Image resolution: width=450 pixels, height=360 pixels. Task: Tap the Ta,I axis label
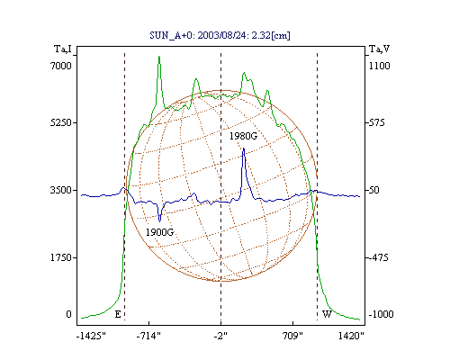coord(63,49)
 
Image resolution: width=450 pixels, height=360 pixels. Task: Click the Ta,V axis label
coord(379,49)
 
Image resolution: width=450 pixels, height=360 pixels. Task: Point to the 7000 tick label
coord(61,66)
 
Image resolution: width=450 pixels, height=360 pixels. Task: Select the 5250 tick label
coord(61,122)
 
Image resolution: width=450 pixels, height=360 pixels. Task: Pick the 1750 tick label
coord(61,257)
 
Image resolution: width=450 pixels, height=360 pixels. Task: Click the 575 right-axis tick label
coord(376,122)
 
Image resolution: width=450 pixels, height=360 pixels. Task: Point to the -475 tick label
coord(378,257)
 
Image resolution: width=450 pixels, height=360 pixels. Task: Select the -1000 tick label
coord(381,314)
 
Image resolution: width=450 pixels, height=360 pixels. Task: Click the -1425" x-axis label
coord(91,336)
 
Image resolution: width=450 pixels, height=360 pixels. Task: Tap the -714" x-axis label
coord(148,336)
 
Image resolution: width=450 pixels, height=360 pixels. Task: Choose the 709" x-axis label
coord(292,336)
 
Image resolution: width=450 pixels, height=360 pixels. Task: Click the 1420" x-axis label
coord(351,336)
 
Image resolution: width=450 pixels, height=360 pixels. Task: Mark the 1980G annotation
coord(244,136)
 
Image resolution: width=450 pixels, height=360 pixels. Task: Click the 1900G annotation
coord(160,232)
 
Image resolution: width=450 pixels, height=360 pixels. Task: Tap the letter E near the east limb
coord(118,314)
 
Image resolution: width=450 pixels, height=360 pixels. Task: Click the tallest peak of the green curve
coord(159,56)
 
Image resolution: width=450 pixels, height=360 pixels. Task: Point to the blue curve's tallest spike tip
coord(244,148)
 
